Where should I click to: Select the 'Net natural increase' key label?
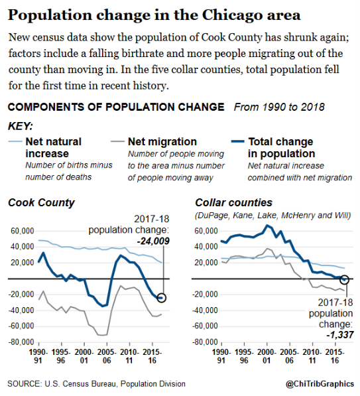53,147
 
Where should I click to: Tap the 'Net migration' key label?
162,141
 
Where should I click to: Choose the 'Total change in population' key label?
280,147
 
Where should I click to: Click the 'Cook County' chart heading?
41,202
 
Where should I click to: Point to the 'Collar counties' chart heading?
234,202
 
